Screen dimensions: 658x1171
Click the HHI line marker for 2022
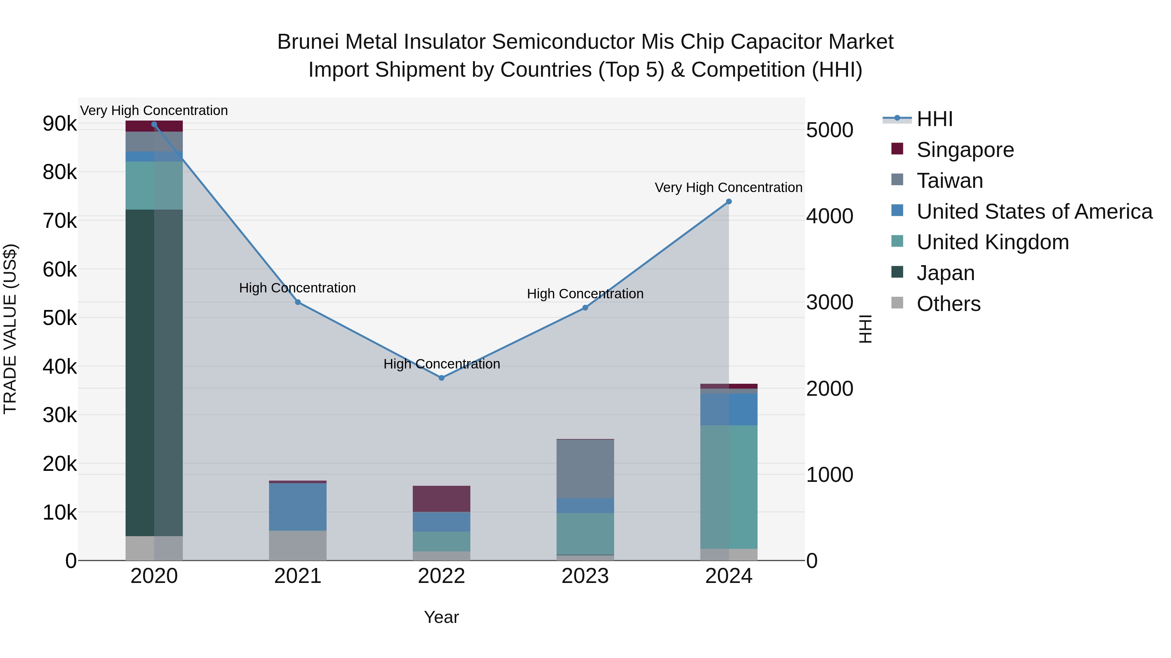coord(441,378)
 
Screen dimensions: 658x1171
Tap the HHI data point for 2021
coord(298,302)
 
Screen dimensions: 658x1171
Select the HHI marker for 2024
coord(729,201)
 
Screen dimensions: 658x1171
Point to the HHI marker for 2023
coord(585,308)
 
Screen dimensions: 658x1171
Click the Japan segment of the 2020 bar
coord(154,372)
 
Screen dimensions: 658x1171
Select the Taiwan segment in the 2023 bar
coord(585,469)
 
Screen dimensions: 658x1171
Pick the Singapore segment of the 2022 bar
coord(441,498)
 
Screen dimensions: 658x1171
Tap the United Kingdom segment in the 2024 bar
coord(729,487)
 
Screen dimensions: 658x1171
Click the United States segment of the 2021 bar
coord(298,506)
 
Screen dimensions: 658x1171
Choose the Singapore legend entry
coord(965,150)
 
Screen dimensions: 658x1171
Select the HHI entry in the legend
coord(935,119)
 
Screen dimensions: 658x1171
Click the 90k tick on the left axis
coord(60,123)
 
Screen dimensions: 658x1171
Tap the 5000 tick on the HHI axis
coord(829,130)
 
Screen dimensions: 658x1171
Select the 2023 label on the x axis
coord(585,576)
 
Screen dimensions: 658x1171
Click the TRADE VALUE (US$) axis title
coord(10,329)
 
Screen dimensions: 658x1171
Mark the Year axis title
coord(441,617)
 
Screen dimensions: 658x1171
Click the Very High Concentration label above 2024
coord(728,187)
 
